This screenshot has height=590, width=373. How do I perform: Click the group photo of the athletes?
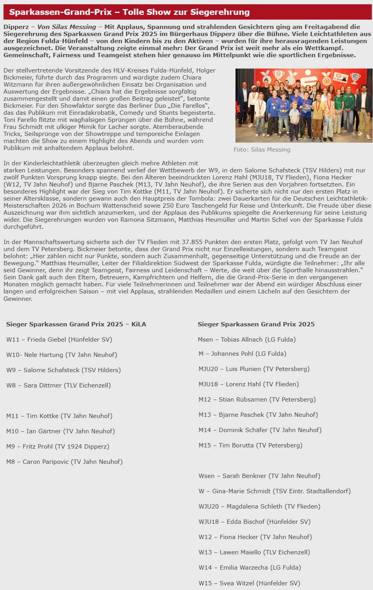[304, 105]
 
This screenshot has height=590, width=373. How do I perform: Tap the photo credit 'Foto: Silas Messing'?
[262, 150]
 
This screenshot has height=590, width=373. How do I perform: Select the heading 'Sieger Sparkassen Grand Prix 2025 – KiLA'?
[76, 324]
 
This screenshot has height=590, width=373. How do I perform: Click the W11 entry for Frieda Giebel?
[59, 340]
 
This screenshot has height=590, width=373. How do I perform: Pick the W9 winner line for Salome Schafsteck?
[63, 370]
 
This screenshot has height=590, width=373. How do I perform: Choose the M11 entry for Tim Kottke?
[59, 416]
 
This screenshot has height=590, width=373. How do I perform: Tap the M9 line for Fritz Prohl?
[58, 447]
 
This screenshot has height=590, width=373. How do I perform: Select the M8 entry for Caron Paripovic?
[64, 462]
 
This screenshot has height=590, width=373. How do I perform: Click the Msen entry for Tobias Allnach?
[246, 340]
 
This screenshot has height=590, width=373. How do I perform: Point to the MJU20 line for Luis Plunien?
[254, 369]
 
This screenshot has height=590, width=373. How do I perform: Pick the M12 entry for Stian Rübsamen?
[257, 400]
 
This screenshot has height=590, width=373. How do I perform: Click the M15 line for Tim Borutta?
[250, 445]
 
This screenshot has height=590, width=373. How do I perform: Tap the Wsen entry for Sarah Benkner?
[259, 476]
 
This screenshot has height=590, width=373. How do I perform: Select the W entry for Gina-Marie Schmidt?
[274, 491]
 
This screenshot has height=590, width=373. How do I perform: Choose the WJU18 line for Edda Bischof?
[254, 522]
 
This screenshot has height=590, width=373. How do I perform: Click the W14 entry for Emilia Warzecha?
[250, 568]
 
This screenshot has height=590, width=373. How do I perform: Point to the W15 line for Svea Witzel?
[249, 583]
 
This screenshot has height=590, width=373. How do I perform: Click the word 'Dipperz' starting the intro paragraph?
[16, 27]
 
